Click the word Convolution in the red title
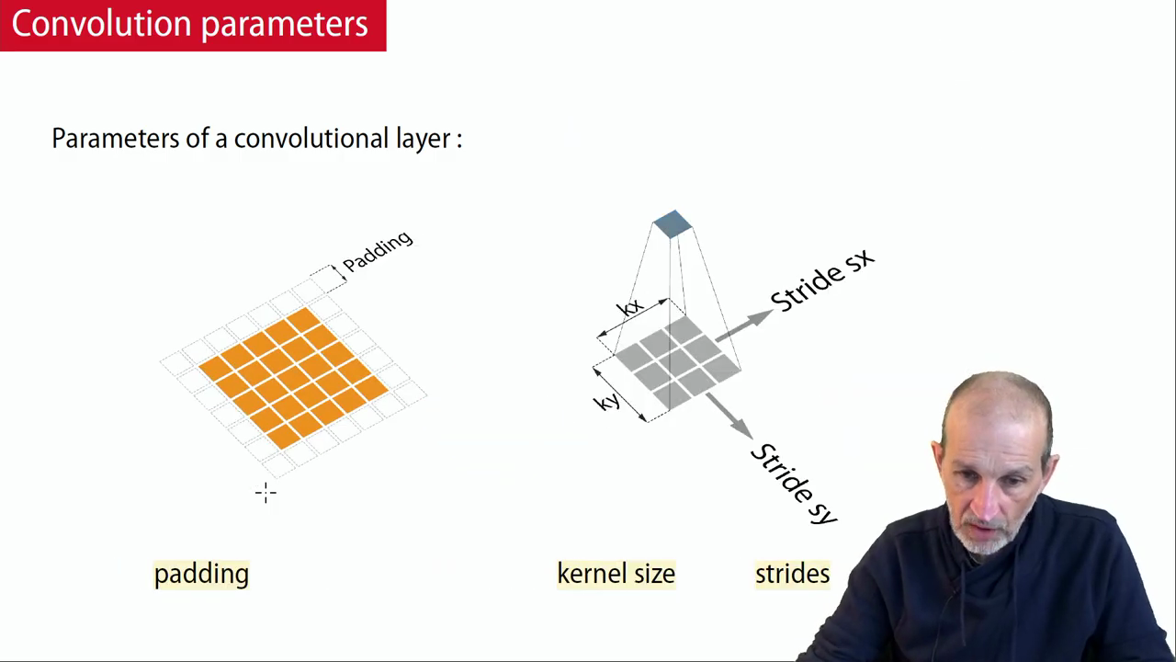pyautogui.click(x=101, y=24)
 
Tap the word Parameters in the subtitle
pyautogui.click(x=116, y=139)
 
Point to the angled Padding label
pyautogui.click(x=378, y=251)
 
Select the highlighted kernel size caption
pyautogui.click(x=616, y=574)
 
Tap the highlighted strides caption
pyautogui.click(x=793, y=574)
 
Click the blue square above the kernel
pyautogui.click(x=673, y=223)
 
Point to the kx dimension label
pyautogui.click(x=630, y=307)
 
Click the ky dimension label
pyautogui.click(x=607, y=403)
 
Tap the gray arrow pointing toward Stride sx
pyautogui.click(x=744, y=325)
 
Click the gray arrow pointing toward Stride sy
pyautogui.click(x=729, y=416)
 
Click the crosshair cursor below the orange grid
pyautogui.click(x=266, y=494)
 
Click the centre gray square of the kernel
pyautogui.click(x=678, y=362)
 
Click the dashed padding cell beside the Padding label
pyautogui.click(x=328, y=279)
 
